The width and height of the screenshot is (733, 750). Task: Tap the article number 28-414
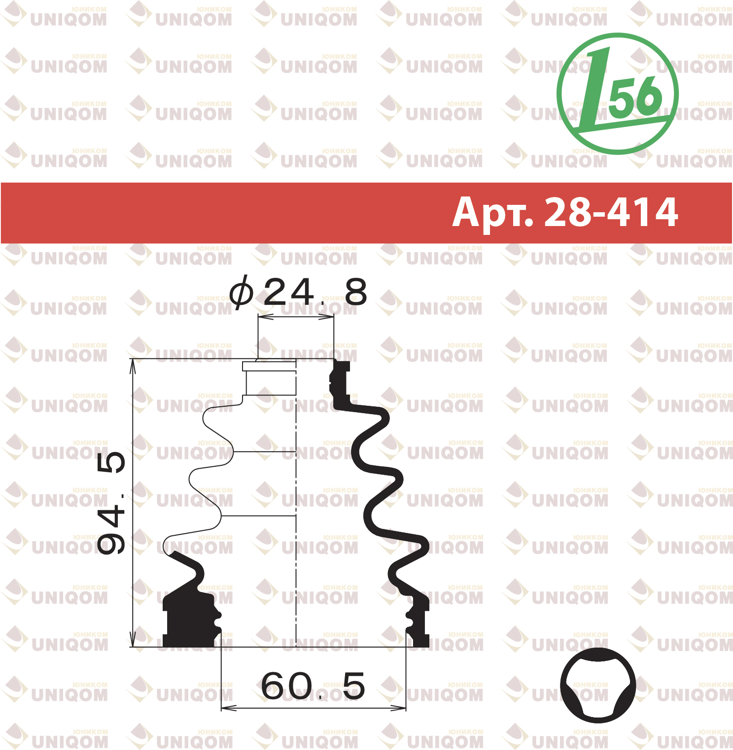click(611, 212)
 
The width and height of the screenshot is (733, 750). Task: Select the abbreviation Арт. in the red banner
click(493, 212)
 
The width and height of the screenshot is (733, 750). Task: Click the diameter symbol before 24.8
click(242, 292)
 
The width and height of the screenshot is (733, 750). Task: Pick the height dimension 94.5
click(111, 503)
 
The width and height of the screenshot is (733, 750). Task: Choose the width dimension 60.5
click(313, 685)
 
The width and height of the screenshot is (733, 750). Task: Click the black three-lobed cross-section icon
click(597, 686)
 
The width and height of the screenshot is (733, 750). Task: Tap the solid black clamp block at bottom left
click(190, 618)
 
